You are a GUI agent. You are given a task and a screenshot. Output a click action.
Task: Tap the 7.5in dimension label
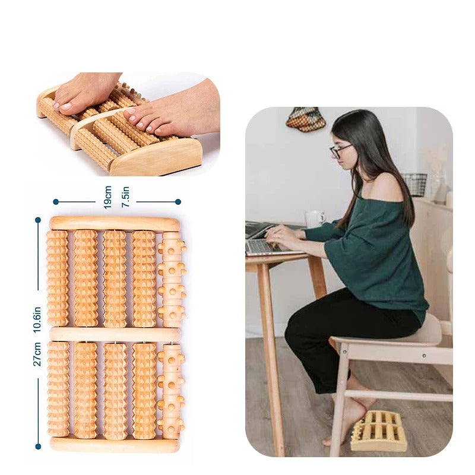(125, 196)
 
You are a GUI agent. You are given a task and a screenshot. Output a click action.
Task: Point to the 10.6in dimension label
(37, 319)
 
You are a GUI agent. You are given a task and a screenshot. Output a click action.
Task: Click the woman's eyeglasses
(340, 151)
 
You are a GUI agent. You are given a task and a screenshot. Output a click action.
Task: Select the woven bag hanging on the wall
(306, 119)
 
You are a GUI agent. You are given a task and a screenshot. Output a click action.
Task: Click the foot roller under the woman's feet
(379, 430)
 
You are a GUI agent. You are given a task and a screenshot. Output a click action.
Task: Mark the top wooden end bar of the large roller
(115, 223)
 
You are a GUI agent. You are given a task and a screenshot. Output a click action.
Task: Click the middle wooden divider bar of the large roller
(115, 334)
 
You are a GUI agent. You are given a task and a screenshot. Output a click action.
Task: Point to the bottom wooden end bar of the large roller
(115, 444)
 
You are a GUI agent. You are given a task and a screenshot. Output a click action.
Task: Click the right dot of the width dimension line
(178, 202)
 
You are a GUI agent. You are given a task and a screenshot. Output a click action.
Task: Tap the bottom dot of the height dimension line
(38, 446)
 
